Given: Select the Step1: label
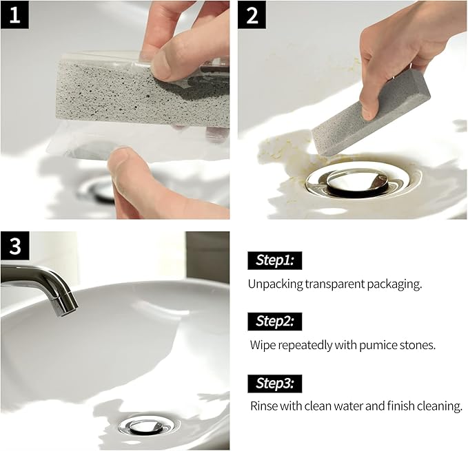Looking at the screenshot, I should point(275,260).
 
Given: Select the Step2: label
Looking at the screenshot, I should point(275,321).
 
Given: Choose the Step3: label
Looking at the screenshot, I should point(275,383).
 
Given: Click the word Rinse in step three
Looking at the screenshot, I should point(263,406).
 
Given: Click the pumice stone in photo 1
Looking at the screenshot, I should point(110,96).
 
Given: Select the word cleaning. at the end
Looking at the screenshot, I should point(440,406).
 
